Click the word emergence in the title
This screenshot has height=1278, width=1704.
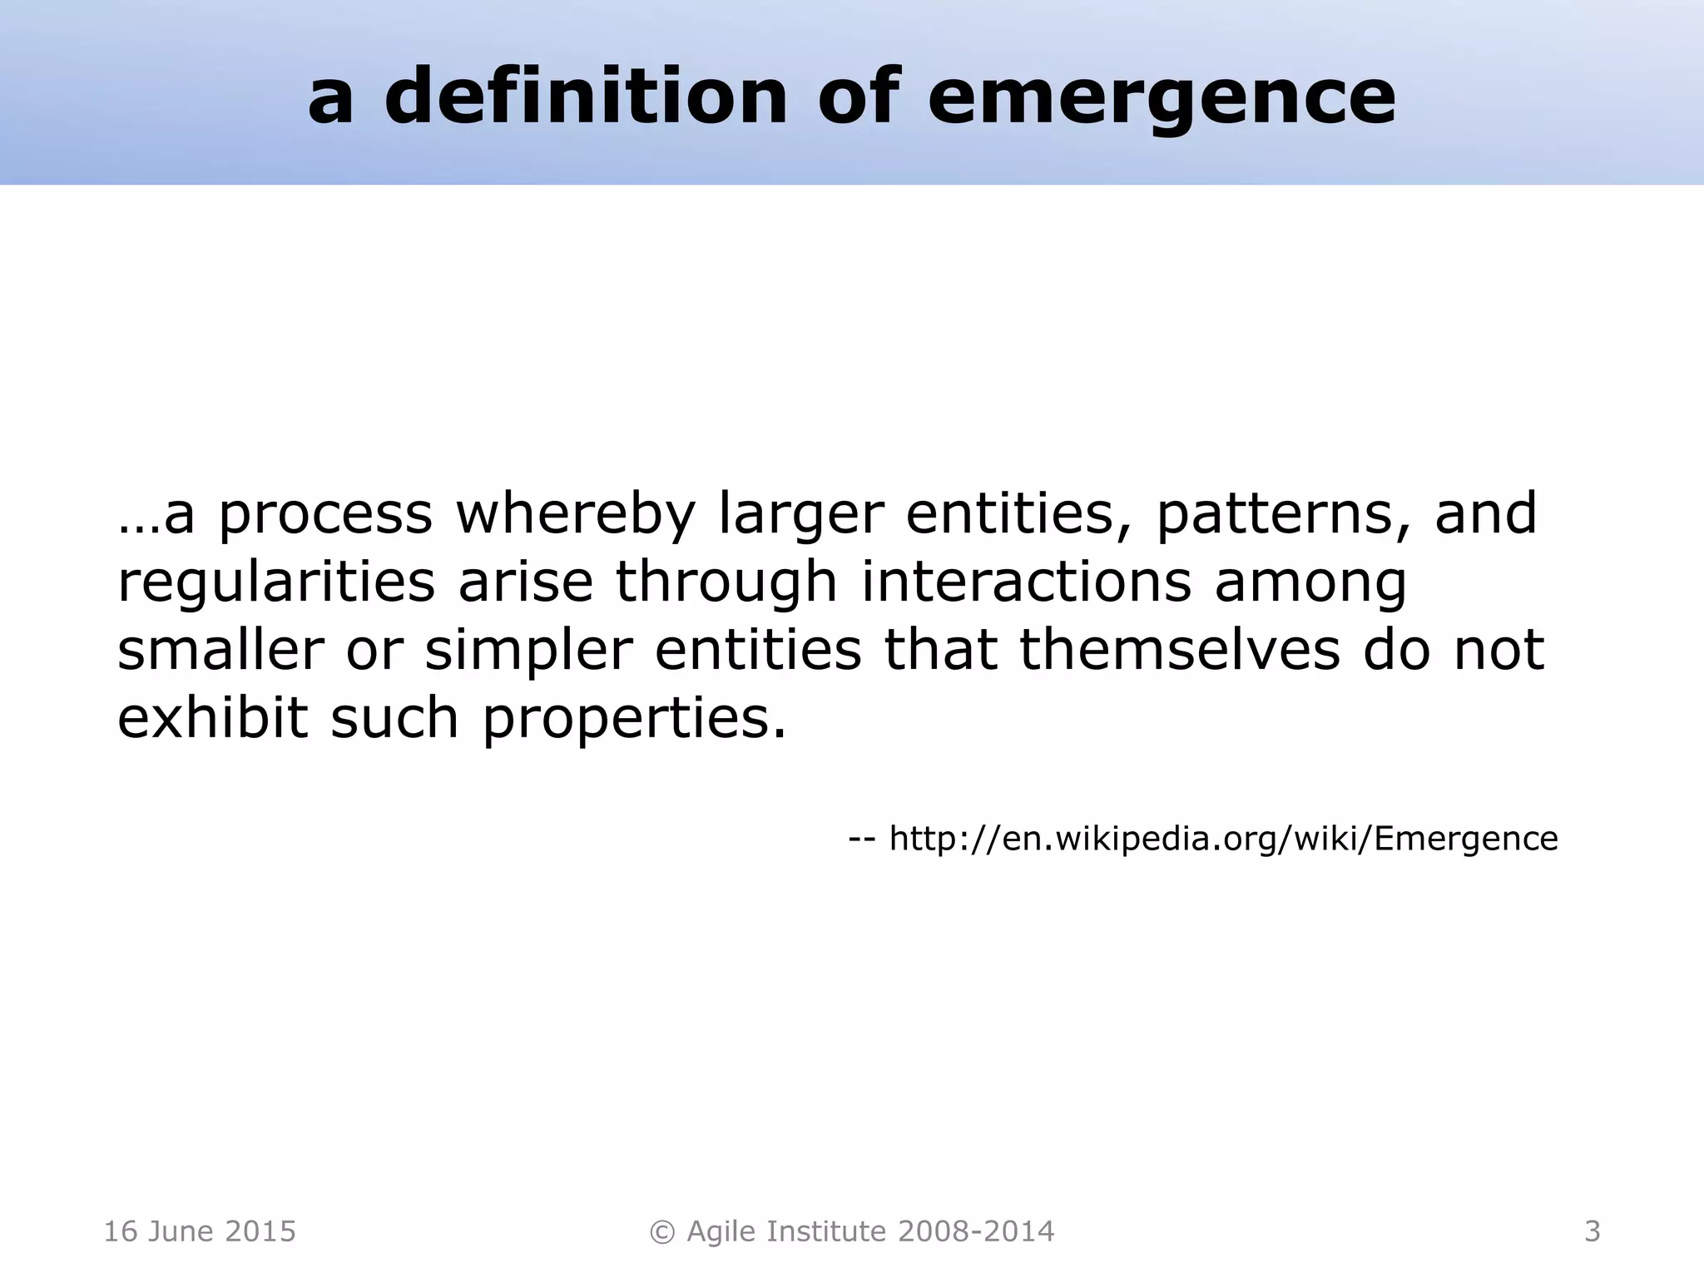click(1162, 98)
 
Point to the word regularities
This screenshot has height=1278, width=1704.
click(276, 582)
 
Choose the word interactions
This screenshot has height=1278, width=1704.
click(1026, 582)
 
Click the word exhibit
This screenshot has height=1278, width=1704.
click(213, 717)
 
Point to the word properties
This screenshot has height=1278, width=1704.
click(634, 719)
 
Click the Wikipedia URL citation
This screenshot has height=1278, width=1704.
click(1223, 838)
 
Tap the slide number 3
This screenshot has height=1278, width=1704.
click(1592, 1231)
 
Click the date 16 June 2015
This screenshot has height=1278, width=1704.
click(200, 1231)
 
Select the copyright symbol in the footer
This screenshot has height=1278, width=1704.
click(662, 1231)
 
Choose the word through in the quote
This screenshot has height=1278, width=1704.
click(726, 582)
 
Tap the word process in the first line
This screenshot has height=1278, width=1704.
click(325, 515)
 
